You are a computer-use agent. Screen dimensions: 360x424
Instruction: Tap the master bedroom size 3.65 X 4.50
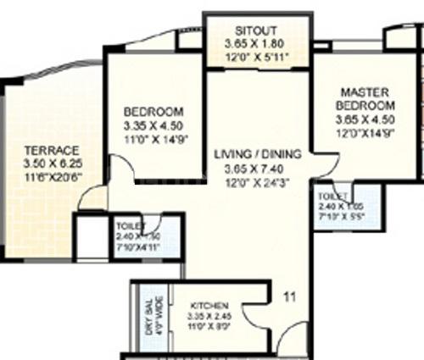(365, 119)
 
